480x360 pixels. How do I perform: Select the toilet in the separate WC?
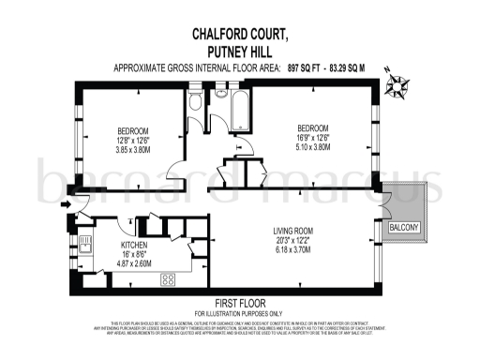(195, 101)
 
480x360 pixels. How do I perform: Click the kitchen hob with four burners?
(171, 278)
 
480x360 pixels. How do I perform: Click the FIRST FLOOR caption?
(239, 304)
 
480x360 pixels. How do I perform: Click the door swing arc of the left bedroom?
(174, 169)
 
